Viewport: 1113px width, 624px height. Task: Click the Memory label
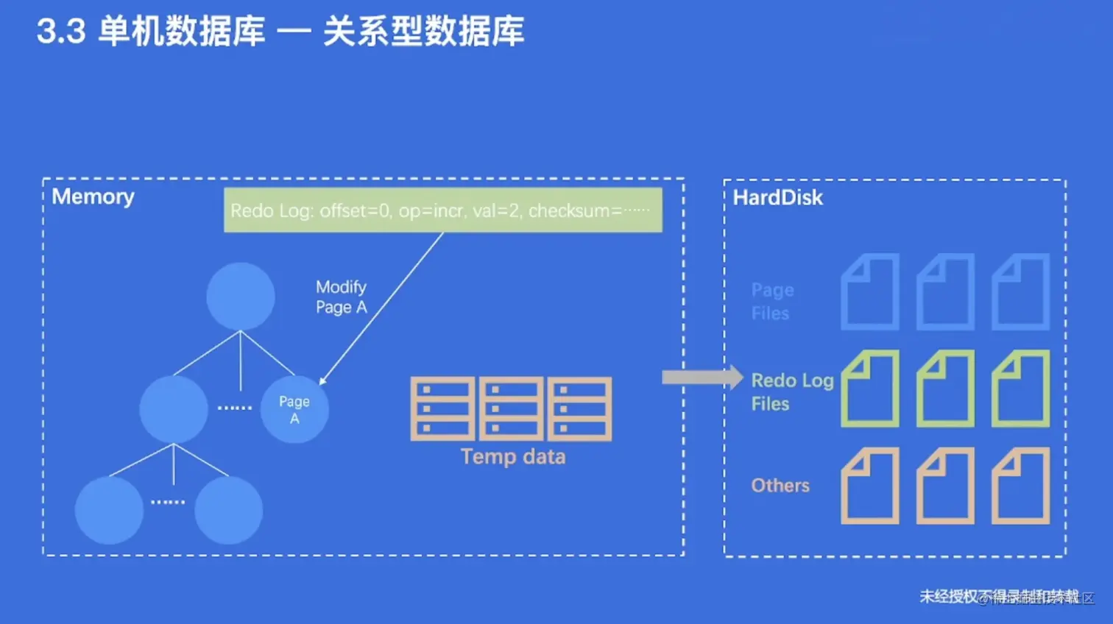point(93,197)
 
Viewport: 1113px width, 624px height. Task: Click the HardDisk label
point(777,198)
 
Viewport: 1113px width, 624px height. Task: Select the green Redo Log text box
point(442,210)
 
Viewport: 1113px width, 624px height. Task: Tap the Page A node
point(294,410)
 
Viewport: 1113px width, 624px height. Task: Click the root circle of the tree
point(241,297)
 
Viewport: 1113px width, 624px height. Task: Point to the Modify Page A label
point(341,297)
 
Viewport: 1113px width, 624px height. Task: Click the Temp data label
point(513,457)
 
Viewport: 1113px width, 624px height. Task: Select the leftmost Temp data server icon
point(442,409)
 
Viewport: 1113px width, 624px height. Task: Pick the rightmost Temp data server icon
point(580,409)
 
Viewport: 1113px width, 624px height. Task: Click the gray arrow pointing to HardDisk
point(702,377)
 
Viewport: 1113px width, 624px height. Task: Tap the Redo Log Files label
point(791,392)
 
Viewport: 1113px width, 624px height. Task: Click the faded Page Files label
point(772,302)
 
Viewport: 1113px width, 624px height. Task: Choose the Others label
point(780,486)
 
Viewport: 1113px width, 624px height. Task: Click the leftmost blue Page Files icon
point(870,292)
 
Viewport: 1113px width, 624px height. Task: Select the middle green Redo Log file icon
point(945,389)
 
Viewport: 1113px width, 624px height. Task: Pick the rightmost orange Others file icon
point(1020,486)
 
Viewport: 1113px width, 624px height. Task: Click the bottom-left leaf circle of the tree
point(109,511)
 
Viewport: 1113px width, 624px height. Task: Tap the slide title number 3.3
point(61,32)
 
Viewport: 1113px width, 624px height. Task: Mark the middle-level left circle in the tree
point(174,410)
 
